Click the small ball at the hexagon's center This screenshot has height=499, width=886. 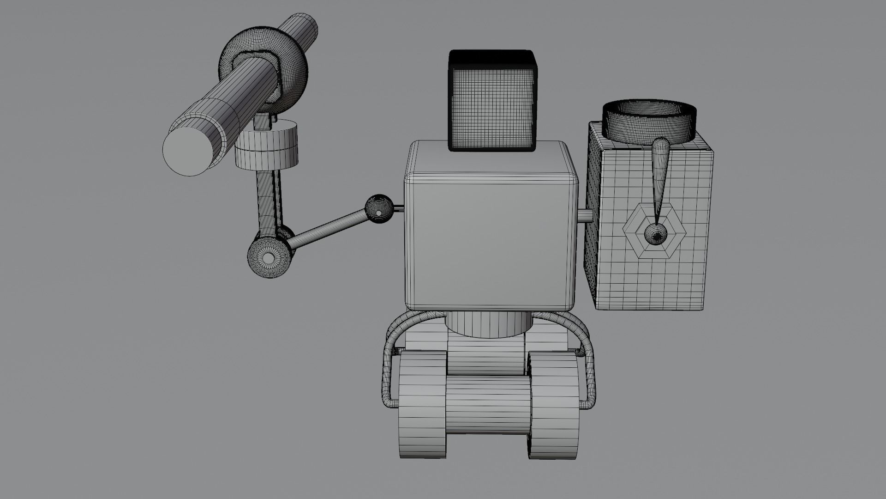click(x=655, y=233)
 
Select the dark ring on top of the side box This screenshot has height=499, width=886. click(x=648, y=121)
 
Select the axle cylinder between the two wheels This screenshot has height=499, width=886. click(x=488, y=404)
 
